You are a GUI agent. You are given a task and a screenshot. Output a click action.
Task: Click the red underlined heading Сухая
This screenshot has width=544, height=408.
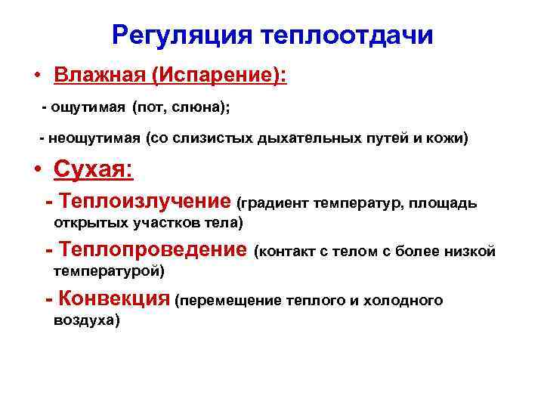tap(92, 169)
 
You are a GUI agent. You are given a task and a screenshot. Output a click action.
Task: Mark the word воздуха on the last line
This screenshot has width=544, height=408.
tap(86, 320)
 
